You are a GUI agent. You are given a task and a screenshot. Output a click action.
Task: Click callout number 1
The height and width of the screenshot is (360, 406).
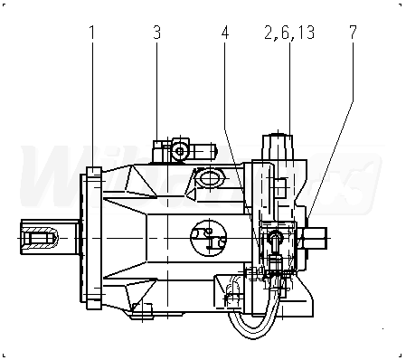[92, 33]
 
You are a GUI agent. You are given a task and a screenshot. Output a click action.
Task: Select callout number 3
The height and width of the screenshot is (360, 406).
[156, 33]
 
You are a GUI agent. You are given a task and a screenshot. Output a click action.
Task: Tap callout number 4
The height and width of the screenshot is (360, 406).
[225, 33]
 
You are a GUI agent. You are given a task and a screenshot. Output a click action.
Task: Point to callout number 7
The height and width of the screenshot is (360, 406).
[353, 33]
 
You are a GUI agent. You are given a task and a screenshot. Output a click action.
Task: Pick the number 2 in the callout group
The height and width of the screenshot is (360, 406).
[269, 33]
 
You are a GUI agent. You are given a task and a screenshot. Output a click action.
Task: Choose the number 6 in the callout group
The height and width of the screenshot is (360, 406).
[286, 33]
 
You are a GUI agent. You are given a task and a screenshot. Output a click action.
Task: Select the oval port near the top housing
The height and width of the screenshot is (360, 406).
[209, 178]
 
